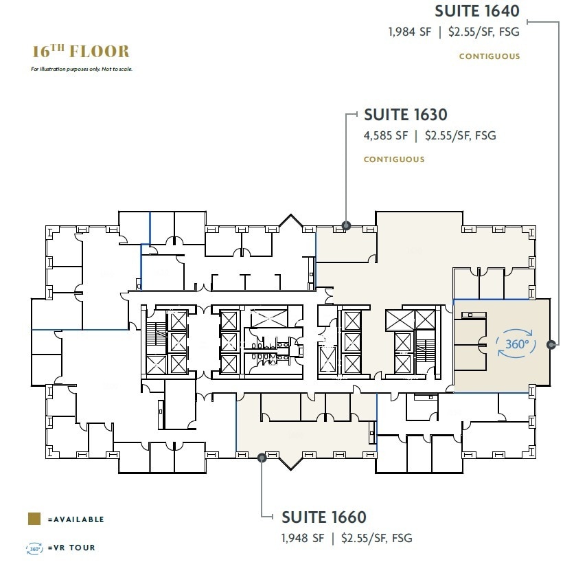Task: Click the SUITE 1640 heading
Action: pos(476,11)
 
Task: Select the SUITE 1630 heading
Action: pos(405,115)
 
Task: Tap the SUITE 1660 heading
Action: pos(324,517)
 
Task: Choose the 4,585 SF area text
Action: pos(387,136)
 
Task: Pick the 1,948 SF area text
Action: pos(303,538)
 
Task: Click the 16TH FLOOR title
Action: pos(80,52)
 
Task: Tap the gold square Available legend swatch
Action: pos(33,519)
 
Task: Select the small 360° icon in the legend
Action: pos(34,548)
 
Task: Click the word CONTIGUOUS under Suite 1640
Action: pos(490,56)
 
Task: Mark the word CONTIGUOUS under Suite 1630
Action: pos(394,159)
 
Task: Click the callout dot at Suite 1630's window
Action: pos(346,225)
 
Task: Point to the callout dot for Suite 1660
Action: pos(262,456)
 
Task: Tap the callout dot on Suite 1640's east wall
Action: pos(551,344)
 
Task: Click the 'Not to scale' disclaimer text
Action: pos(82,69)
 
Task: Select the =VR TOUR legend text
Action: pos(71,548)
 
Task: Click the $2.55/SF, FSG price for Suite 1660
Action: pos(377,538)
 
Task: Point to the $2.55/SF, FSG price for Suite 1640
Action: pos(484,32)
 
